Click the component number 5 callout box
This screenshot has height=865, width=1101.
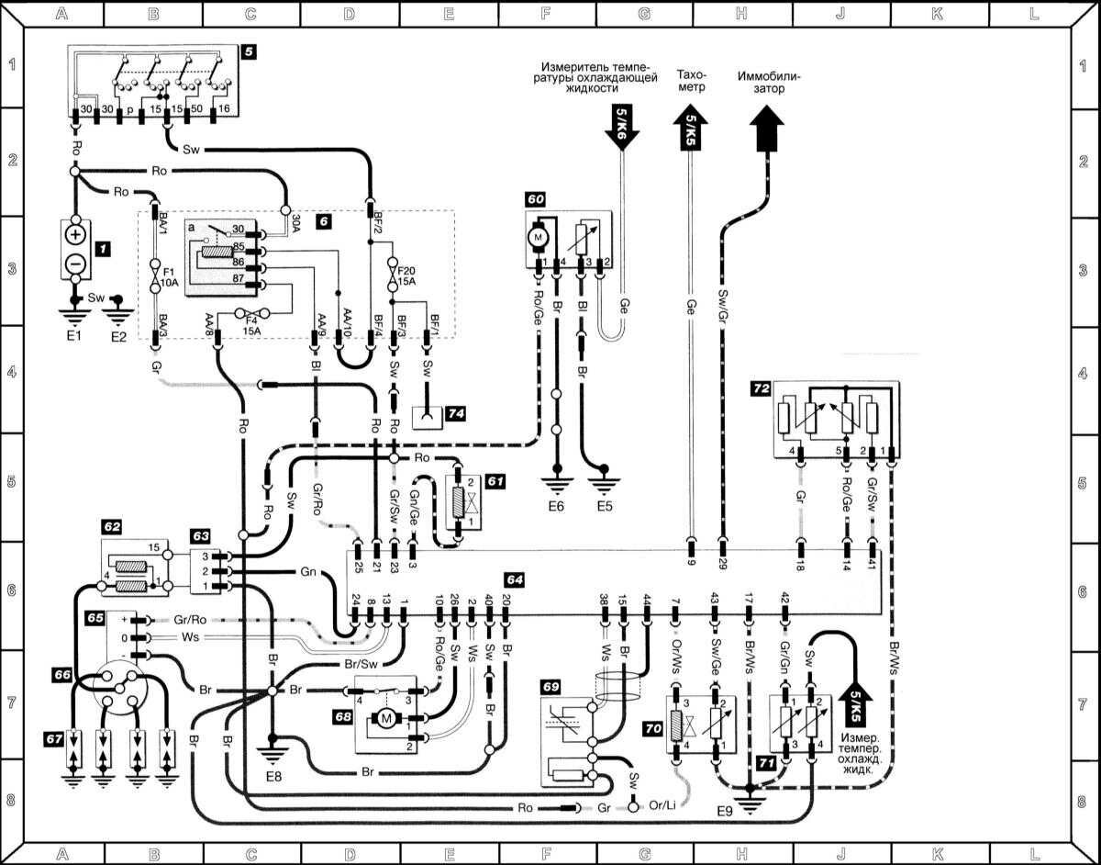click(x=249, y=52)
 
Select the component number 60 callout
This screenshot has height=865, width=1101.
click(x=535, y=198)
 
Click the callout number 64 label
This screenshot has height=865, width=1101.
click(x=515, y=579)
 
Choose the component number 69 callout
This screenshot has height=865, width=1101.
click(x=550, y=686)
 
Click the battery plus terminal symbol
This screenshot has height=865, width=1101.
click(x=75, y=234)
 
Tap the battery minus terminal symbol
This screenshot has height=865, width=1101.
click(x=75, y=265)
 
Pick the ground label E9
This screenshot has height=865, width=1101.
click(x=725, y=813)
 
